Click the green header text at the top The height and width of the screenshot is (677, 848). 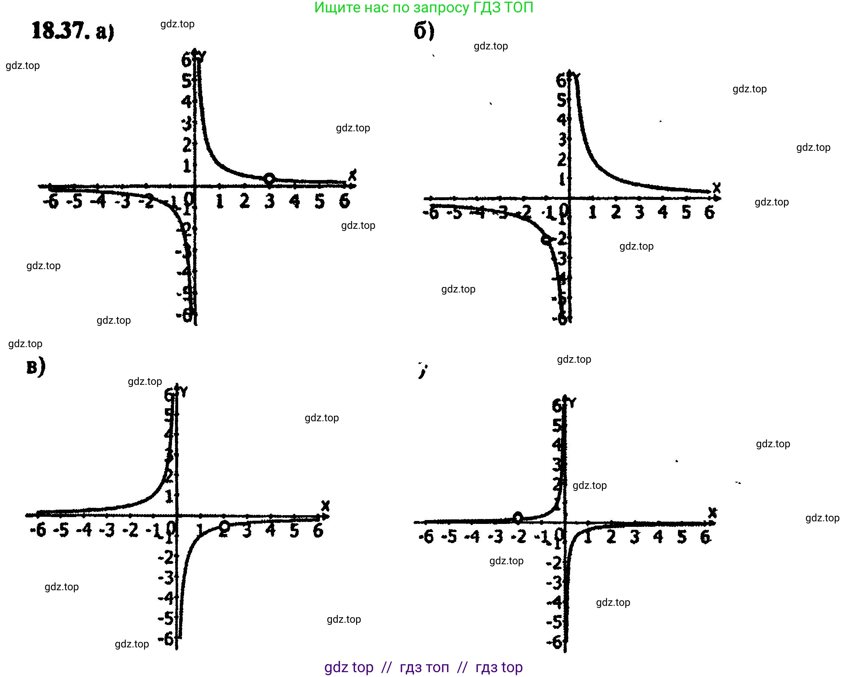pos(424,7)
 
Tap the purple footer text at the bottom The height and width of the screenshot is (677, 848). pos(424,667)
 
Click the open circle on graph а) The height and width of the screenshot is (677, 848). pos(269,179)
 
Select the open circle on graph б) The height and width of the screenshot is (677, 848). pos(546,240)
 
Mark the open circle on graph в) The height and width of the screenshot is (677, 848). pos(224,526)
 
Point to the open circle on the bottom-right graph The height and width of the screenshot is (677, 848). pos(518,517)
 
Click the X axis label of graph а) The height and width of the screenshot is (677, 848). pos(352,175)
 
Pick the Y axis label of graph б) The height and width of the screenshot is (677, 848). pos(576,77)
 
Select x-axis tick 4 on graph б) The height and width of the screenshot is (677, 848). pos(663,212)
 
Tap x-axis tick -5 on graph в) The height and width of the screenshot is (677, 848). pos(61,530)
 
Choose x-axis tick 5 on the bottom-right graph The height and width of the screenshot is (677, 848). pos(682,536)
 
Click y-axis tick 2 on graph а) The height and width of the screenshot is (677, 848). pos(187,145)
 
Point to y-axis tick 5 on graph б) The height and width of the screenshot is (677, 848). pos(562,100)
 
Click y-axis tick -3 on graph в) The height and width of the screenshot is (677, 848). pos(166,578)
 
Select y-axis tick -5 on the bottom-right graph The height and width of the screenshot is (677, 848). pos(555,622)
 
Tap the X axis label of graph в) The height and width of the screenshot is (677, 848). pos(325,506)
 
